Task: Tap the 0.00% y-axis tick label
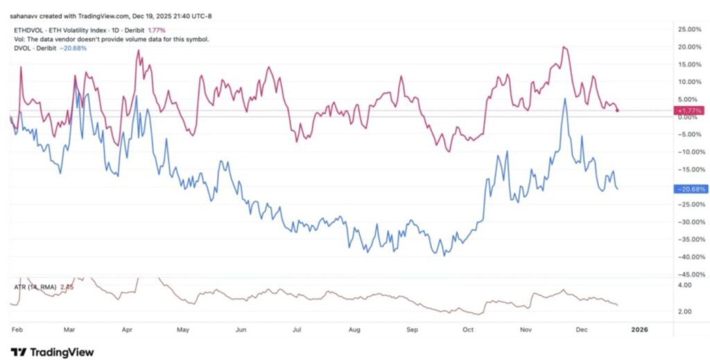[689, 117]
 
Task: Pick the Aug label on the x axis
[355, 330]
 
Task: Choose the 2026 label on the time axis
[639, 330]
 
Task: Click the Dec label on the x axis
[581, 330]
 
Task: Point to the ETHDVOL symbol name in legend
[28, 31]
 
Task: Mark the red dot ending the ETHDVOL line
[617, 110]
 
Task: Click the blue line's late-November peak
[565, 98]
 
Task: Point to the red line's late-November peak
[564, 47]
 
